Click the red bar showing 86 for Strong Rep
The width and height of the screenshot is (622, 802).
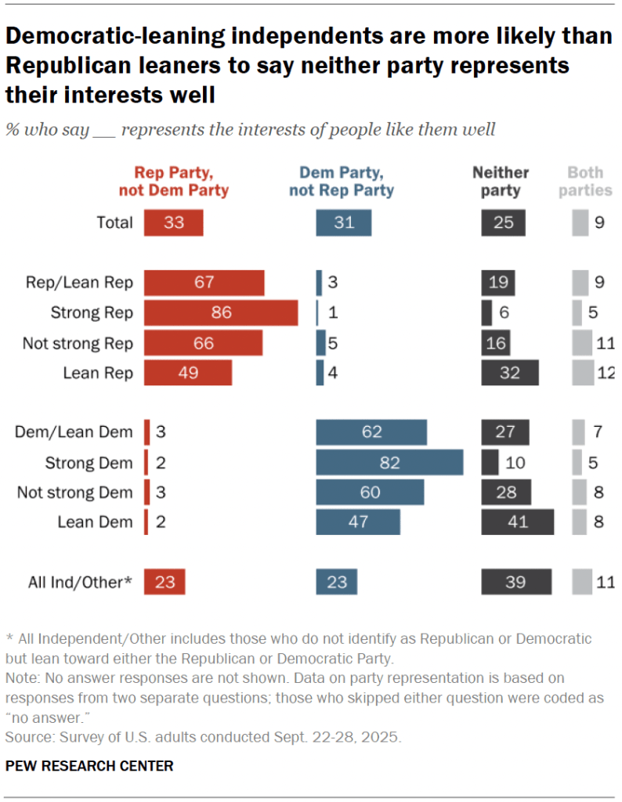coord(221,312)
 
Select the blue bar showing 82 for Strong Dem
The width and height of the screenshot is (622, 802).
coord(389,463)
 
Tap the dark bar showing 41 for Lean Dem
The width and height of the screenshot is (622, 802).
coord(517,522)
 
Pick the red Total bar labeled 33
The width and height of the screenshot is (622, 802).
coord(173,223)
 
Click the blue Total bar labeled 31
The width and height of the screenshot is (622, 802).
coord(343,223)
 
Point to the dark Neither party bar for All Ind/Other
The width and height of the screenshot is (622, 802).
coord(515,582)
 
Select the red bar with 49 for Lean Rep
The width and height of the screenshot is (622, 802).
coord(188,373)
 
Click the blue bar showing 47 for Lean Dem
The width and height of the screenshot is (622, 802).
coord(358,522)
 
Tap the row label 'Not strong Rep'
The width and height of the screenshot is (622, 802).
coord(78,343)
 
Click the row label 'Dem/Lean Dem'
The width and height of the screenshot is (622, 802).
coord(74,432)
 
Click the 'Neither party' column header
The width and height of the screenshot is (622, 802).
coord(501,181)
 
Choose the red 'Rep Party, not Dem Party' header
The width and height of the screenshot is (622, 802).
coord(174,181)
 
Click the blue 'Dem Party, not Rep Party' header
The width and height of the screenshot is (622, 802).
coord(342,181)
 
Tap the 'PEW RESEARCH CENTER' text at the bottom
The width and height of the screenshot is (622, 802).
coord(89,765)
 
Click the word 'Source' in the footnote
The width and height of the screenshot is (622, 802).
coord(24,737)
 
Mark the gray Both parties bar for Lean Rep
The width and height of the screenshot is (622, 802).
coord(584,373)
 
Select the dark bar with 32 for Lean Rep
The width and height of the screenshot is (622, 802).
coord(510,373)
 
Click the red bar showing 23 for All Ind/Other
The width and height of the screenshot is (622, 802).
coord(165,582)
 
